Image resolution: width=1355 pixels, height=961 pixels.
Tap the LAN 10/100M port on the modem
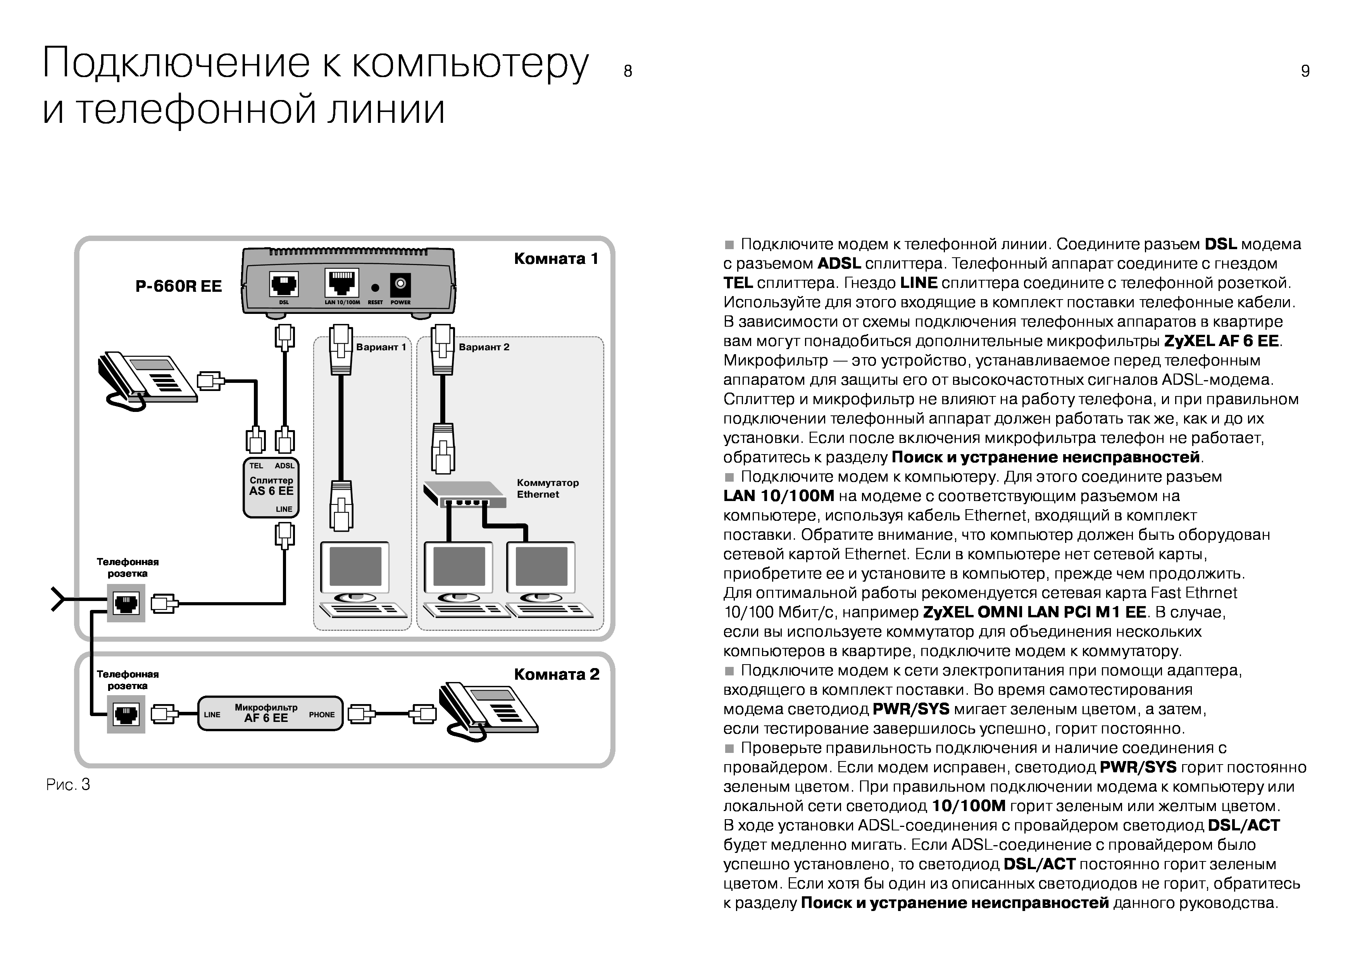[x=342, y=283]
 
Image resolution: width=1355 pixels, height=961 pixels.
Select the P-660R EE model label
[x=179, y=286]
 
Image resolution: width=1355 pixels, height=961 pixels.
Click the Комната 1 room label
[x=556, y=258]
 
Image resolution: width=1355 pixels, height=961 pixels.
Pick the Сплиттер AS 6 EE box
[x=271, y=487]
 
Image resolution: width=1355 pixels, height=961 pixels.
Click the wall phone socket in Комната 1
[x=126, y=603]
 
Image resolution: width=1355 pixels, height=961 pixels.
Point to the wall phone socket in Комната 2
[x=126, y=714]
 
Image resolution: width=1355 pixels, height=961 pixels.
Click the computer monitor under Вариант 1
[x=355, y=567]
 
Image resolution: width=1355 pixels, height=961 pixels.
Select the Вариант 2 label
[x=483, y=347]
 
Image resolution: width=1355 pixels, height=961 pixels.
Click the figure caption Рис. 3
[x=68, y=785]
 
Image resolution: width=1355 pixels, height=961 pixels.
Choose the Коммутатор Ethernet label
[x=547, y=488]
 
